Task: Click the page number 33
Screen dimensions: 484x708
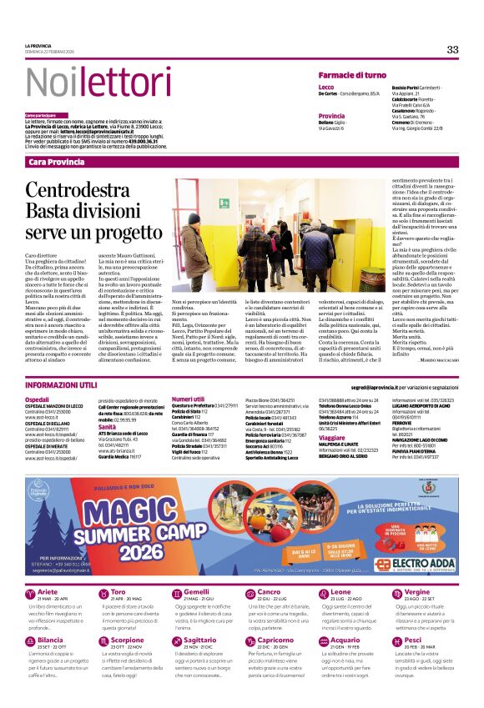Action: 451,49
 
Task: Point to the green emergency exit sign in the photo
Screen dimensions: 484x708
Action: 224,203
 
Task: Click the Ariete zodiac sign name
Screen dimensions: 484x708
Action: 48,615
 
